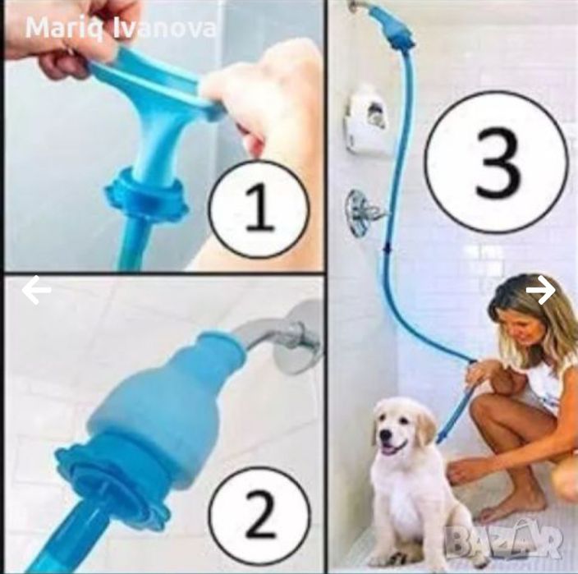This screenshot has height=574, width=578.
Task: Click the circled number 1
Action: pos(258,209)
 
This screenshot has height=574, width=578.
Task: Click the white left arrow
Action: pos(36,290)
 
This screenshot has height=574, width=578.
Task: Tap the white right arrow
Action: pos(541,290)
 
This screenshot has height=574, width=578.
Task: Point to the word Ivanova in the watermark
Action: pos(163,28)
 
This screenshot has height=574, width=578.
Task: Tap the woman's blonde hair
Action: pos(531,310)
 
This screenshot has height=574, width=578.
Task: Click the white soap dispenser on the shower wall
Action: pos(365,122)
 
